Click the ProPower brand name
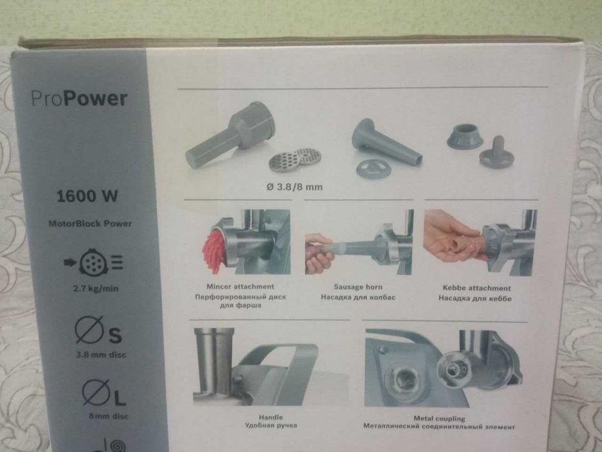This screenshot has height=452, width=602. [79, 98]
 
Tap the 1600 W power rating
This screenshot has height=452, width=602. [87, 196]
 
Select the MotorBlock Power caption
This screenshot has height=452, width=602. [90, 223]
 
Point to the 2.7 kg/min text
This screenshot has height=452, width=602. [95, 288]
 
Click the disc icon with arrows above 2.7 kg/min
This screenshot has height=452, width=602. [94, 262]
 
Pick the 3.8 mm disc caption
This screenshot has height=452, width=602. [101, 354]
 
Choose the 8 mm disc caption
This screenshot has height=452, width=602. [108, 416]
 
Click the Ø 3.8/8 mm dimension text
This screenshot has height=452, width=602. [294, 187]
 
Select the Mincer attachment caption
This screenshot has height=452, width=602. [240, 286]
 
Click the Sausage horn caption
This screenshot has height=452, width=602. [358, 287]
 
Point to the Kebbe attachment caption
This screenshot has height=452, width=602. [476, 288]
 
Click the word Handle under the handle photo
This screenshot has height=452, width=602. [270, 417]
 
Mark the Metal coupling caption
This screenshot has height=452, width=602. [439, 418]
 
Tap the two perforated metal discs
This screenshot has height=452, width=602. [294, 159]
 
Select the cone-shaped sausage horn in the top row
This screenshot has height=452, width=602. [386, 142]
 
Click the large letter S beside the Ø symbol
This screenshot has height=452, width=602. [115, 335]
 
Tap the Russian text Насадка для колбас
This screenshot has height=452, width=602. [358, 297]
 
